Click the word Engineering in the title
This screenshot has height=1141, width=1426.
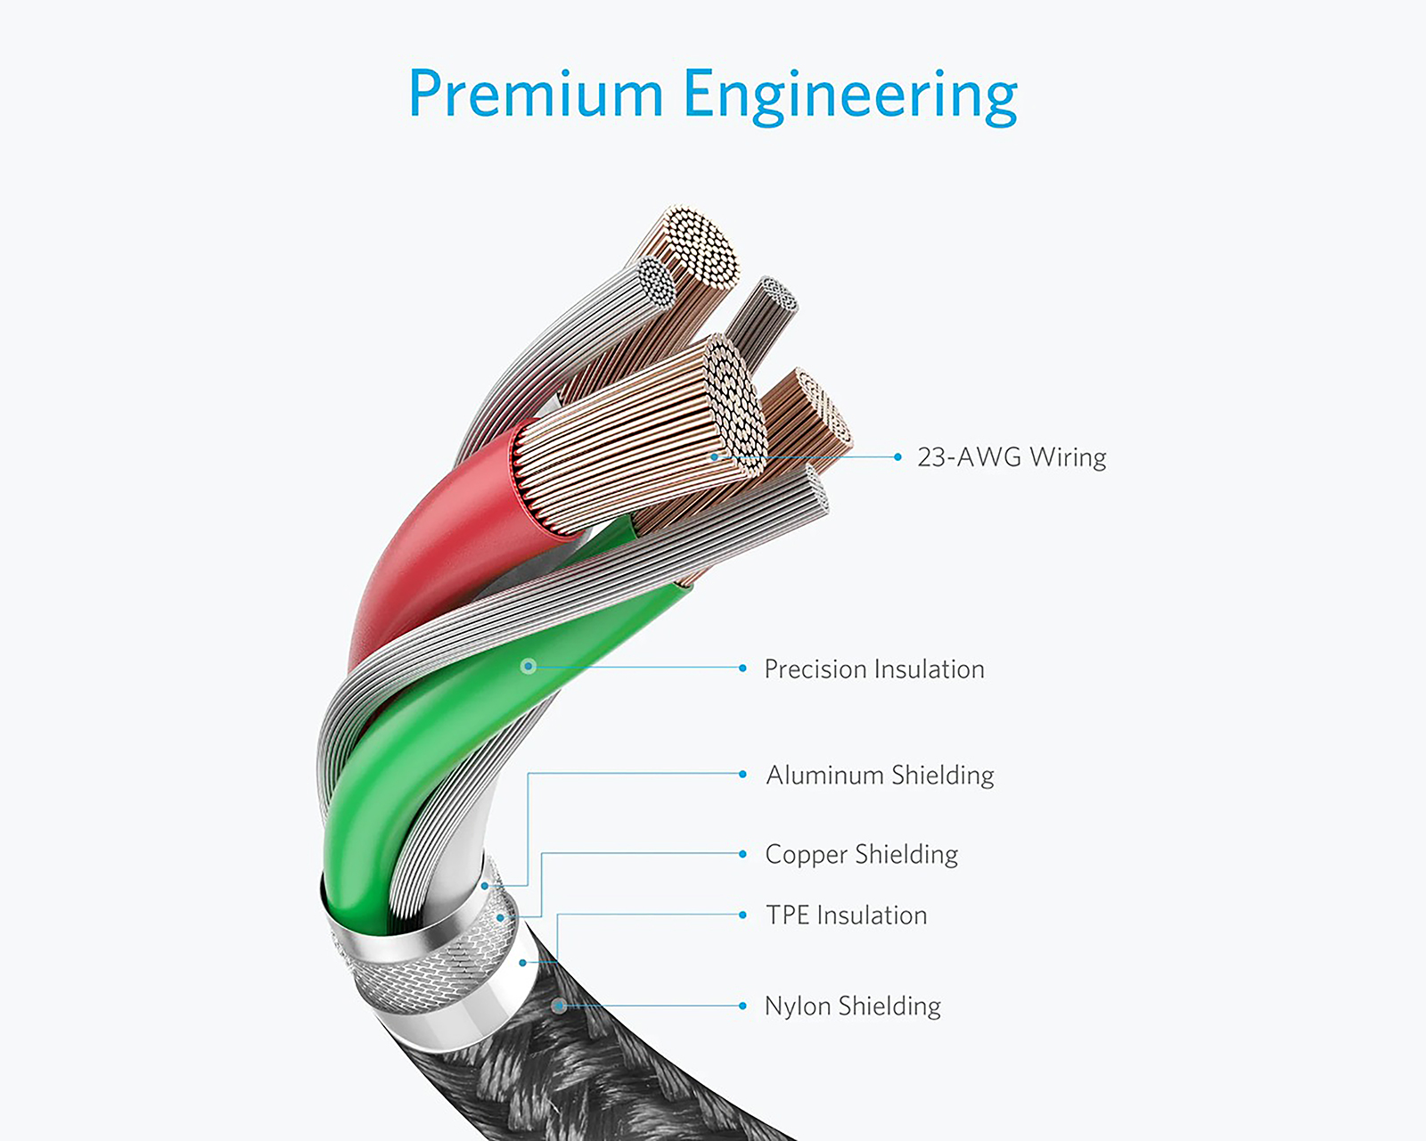click(x=850, y=97)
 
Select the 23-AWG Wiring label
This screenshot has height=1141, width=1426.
click(x=1012, y=456)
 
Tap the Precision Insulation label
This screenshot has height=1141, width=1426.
click(x=874, y=669)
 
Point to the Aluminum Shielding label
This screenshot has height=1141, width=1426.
click(x=880, y=775)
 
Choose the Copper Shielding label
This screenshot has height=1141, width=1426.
click(x=862, y=854)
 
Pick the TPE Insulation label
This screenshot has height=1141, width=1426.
click(x=846, y=915)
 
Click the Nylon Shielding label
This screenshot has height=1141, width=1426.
click(x=853, y=1006)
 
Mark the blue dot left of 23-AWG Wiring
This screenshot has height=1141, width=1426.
click(x=897, y=456)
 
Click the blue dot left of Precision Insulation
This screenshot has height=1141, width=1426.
click(x=742, y=669)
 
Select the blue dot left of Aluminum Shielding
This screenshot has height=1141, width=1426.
click(x=742, y=774)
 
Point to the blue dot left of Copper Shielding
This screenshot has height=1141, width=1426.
click(x=742, y=854)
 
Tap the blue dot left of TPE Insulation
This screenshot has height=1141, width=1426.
click(x=742, y=915)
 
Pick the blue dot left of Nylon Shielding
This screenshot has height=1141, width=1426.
click(x=742, y=1006)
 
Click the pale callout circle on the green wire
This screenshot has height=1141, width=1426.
click(x=529, y=666)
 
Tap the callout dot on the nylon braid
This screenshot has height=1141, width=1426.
click(x=560, y=1006)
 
